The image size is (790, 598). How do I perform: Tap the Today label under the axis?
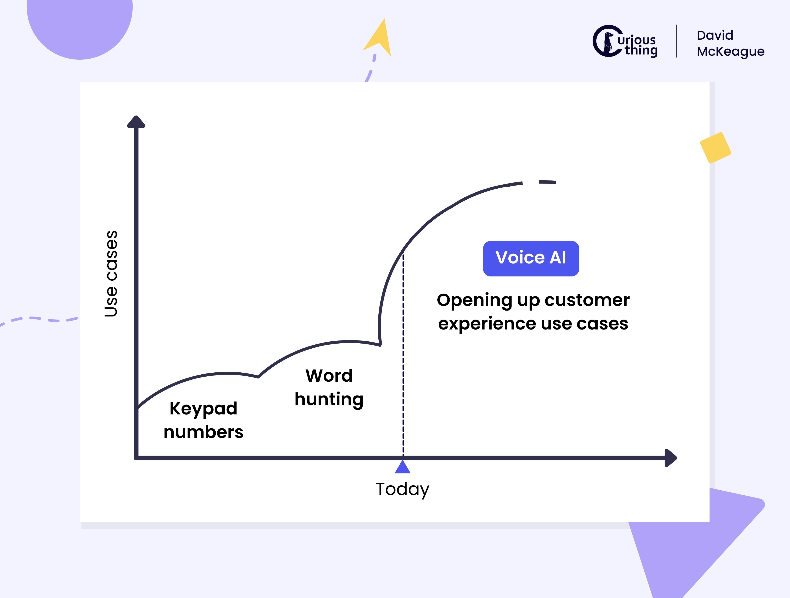[x=403, y=489]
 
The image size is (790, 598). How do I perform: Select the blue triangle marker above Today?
[x=403, y=467]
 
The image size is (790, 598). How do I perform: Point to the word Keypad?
[x=203, y=409]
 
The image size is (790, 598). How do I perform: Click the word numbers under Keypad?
[x=203, y=432]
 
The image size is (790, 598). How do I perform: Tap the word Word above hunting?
[x=329, y=376]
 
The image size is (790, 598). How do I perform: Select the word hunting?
[x=329, y=399]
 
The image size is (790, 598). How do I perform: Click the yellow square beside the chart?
[x=715, y=148]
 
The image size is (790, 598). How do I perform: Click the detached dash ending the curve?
[x=548, y=182]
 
